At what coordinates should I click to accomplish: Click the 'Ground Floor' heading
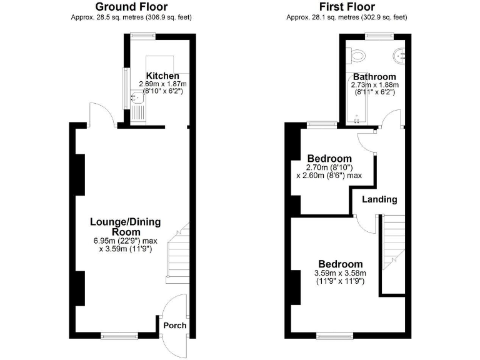tap(131, 7)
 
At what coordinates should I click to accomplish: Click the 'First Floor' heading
tap(347, 7)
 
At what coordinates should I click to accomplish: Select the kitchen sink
tap(137, 98)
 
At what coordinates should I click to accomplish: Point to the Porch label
tap(174, 326)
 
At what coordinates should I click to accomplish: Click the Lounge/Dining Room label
tap(126, 226)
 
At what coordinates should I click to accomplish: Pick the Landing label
tap(380, 200)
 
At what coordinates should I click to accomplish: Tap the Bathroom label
tap(374, 77)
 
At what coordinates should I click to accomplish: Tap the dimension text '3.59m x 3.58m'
tap(340, 273)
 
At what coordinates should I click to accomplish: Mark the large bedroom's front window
tap(334, 336)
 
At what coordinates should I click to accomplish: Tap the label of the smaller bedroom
tap(329, 159)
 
